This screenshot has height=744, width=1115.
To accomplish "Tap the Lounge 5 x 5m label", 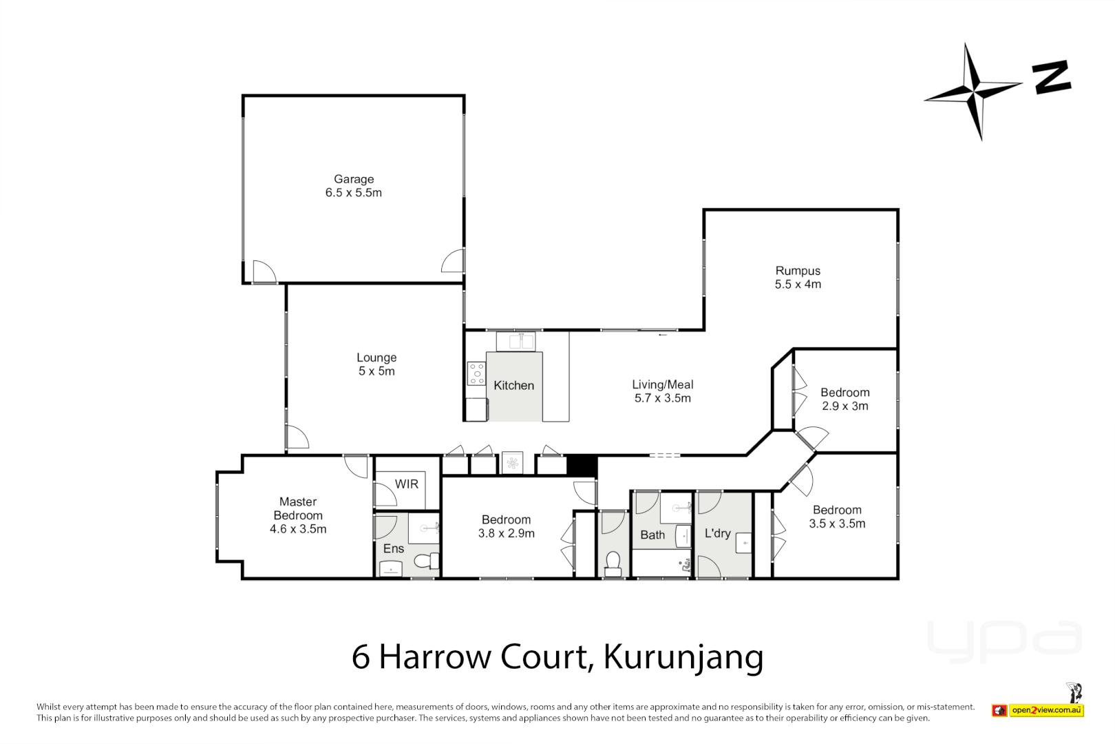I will [376, 364].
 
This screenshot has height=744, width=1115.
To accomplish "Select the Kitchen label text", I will [513, 386].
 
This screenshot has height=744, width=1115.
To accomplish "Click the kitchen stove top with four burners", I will [476, 373].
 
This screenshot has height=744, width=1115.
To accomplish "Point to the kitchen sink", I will [516, 341].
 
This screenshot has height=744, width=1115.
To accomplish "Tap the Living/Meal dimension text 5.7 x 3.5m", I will [662, 398].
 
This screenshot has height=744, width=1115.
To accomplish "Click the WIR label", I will [406, 484].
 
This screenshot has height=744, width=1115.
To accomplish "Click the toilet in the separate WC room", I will [613, 564].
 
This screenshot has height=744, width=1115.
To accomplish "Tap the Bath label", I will [652, 535].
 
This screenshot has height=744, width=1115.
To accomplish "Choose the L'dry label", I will [717, 533].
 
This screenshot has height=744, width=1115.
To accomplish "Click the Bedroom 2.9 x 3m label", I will [845, 399].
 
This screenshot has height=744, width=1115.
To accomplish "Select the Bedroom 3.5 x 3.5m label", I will [837, 517].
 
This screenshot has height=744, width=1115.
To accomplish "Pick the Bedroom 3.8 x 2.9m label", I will [506, 526].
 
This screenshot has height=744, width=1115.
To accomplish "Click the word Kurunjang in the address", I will [683, 657].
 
